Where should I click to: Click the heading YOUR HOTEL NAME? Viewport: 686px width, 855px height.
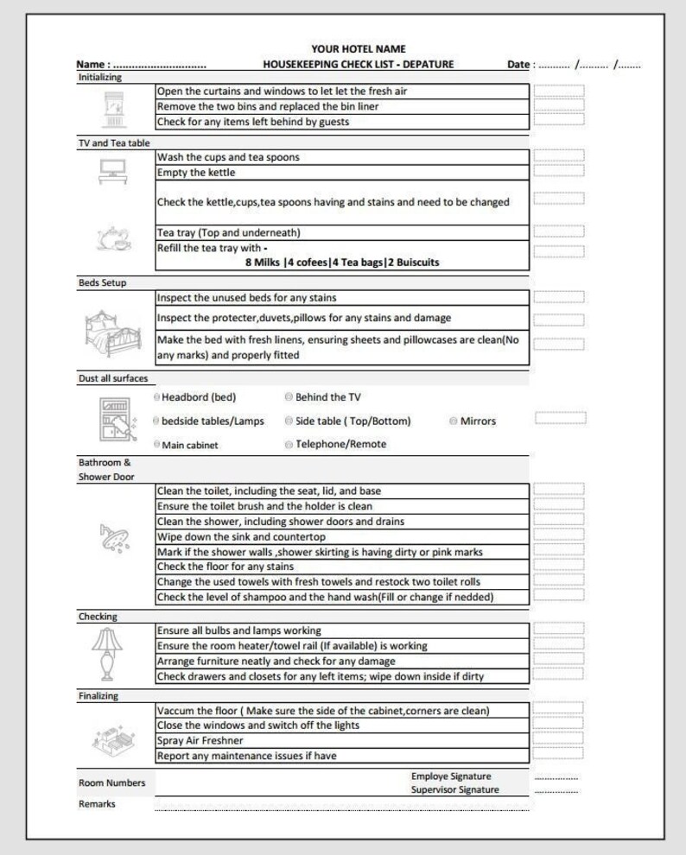tap(358, 49)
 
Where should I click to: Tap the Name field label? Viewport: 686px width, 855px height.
tap(92, 65)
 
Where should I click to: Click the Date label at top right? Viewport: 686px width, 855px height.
tap(518, 65)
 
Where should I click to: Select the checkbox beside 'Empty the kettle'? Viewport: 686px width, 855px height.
tap(558, 171)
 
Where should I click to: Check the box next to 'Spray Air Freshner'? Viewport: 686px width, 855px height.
tap(558, 738)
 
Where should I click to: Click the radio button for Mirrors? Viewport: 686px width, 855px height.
tap(454, 421)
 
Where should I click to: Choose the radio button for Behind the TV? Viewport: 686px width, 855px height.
tap(289, 398)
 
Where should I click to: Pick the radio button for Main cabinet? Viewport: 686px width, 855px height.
tap(156, 445)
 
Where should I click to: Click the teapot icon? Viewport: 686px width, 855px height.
tap(112, 237)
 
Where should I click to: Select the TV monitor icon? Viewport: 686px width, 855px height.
tap(112, 170)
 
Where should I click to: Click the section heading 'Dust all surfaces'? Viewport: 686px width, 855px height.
tap(113, 378)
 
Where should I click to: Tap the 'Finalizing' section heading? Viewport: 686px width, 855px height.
tap(98, 696)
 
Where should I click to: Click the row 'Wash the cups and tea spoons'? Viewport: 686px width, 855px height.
tap(341, 157)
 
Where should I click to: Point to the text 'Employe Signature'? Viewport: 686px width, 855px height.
tap(450, 776)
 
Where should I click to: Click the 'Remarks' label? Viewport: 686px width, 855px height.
tap(97, 804)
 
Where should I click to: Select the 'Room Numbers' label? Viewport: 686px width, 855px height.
tap(111, 783)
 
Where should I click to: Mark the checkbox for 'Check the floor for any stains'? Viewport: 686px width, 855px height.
tap(558, 566)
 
